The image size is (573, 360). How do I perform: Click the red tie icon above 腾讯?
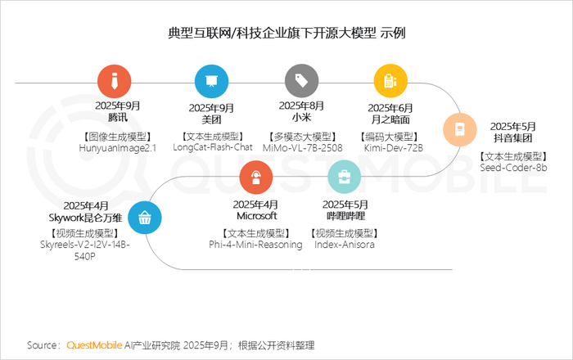[115, 82]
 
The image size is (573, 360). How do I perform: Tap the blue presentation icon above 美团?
[211, 82]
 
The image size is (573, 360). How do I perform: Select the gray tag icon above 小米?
[301, 81]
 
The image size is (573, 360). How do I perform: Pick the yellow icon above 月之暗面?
[390, 81]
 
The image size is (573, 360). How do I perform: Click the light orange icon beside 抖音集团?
[460, 129]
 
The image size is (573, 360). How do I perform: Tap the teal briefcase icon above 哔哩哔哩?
[345, 177]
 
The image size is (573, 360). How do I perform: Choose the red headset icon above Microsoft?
[255, 177]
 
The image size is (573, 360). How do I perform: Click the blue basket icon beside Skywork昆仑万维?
[145, 218]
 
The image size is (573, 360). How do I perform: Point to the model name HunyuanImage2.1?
[118, 148]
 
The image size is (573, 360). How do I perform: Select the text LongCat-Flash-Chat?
[213, 147]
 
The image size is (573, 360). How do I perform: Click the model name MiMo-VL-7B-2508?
[303, 148]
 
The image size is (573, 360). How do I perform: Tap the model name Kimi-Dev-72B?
[393, 148]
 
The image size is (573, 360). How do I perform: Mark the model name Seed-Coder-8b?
[513, 168]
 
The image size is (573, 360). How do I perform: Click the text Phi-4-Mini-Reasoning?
[255, 245]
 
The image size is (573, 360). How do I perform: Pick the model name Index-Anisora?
[345, 245]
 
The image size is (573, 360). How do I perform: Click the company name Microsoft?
[257, 216]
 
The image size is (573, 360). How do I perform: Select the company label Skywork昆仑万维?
[85, 218]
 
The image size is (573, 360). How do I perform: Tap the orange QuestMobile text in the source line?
[94, 345]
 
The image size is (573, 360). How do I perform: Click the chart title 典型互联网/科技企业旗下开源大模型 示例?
[286, 33]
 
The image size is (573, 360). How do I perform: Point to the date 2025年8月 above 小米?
[301, 106]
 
